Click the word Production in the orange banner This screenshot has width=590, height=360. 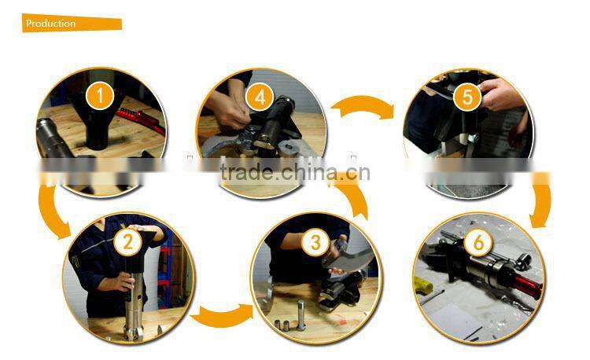(x=51, y=24)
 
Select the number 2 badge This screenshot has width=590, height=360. (x=126, y=241)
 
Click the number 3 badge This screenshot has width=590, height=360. (x=315, y=241)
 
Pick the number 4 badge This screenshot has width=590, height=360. (x=260, y=99)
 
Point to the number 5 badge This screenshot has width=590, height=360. (x=467, y=97)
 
